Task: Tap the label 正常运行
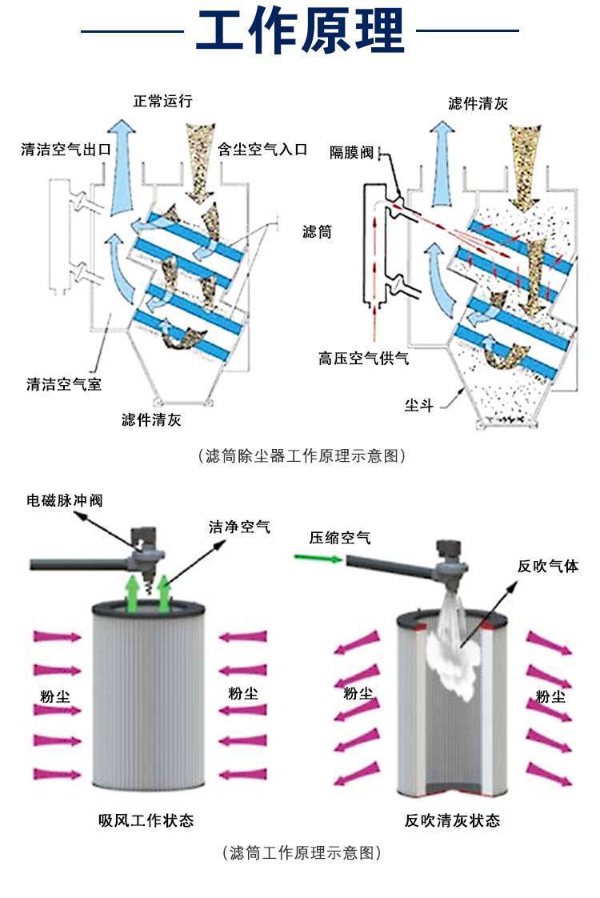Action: pos(163,102)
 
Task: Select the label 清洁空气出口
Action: pos(66,149)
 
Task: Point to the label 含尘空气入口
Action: pos(262,149)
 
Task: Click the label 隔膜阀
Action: pos(351,152)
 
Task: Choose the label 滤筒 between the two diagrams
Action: pos(317,232)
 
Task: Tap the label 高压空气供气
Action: pos(364,358)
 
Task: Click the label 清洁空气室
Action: pos(64,384)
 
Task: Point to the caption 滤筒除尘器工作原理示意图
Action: pos(301,456)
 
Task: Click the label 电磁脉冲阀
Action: pos(65,500)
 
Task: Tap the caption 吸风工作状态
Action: pos(146,820)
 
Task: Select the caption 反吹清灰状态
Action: pos(452,820)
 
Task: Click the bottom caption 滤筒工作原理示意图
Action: pos(301,853)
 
